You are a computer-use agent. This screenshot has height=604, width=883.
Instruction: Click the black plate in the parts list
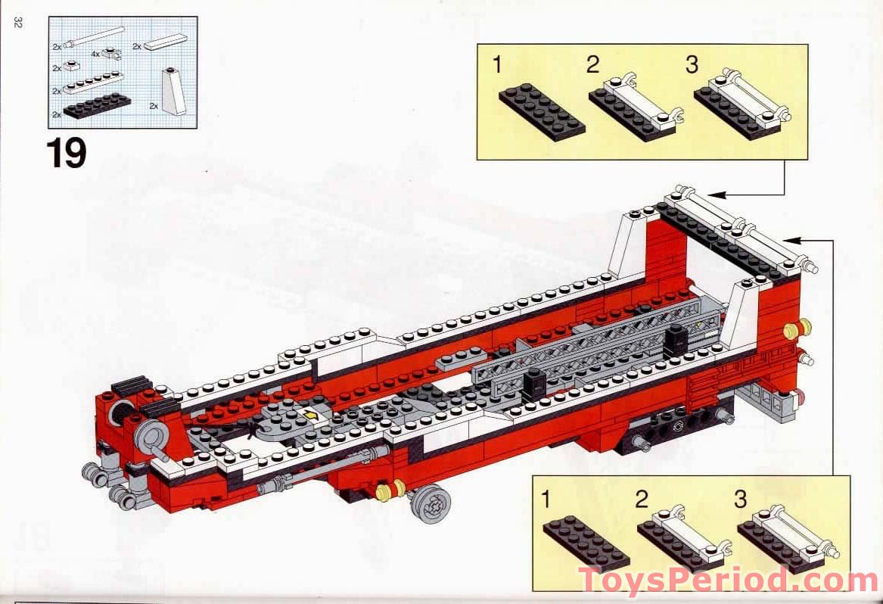point(98,106)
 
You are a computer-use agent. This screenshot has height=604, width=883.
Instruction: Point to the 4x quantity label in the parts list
point(95,54)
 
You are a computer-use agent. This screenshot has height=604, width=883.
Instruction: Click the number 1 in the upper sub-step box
point(496,65)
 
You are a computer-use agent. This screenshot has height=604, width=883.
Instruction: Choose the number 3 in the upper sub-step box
point(692,65)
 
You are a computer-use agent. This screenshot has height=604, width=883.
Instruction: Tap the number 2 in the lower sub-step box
point(642,500)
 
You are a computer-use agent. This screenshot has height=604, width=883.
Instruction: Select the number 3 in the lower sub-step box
point(740,500)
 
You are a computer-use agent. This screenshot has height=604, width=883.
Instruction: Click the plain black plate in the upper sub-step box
point(542,114)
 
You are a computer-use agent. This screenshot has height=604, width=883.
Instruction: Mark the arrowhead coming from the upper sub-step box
point(714,195)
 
